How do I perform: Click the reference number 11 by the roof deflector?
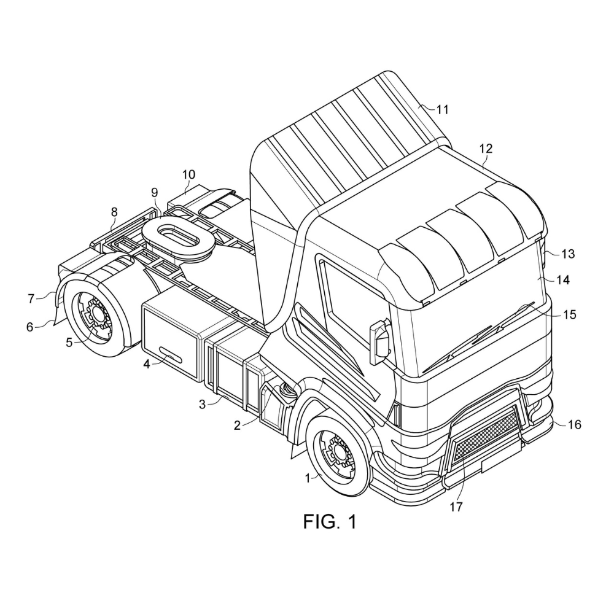443,110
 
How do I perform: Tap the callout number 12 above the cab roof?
486,149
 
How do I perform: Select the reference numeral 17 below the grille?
456,507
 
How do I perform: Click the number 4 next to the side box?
147,363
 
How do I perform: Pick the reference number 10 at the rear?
188,174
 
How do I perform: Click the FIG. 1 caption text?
330,522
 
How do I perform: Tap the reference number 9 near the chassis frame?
155,192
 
